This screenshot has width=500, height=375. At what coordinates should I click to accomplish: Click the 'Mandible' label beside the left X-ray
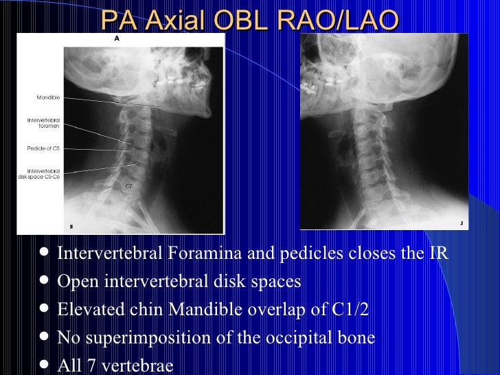(x=47, y=98)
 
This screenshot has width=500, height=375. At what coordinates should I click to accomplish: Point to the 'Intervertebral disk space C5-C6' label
(x=40, y=173)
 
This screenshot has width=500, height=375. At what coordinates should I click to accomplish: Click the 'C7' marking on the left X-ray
(x=128, y=186)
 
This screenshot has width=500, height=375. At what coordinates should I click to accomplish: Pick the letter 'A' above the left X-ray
(x=117, y=39)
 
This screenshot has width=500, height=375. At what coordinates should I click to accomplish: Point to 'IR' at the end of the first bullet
(x=438, y=253)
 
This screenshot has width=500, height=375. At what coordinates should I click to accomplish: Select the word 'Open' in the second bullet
(x=75, y=282)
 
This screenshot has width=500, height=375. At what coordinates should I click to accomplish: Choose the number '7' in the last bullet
(x=87, y=365)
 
